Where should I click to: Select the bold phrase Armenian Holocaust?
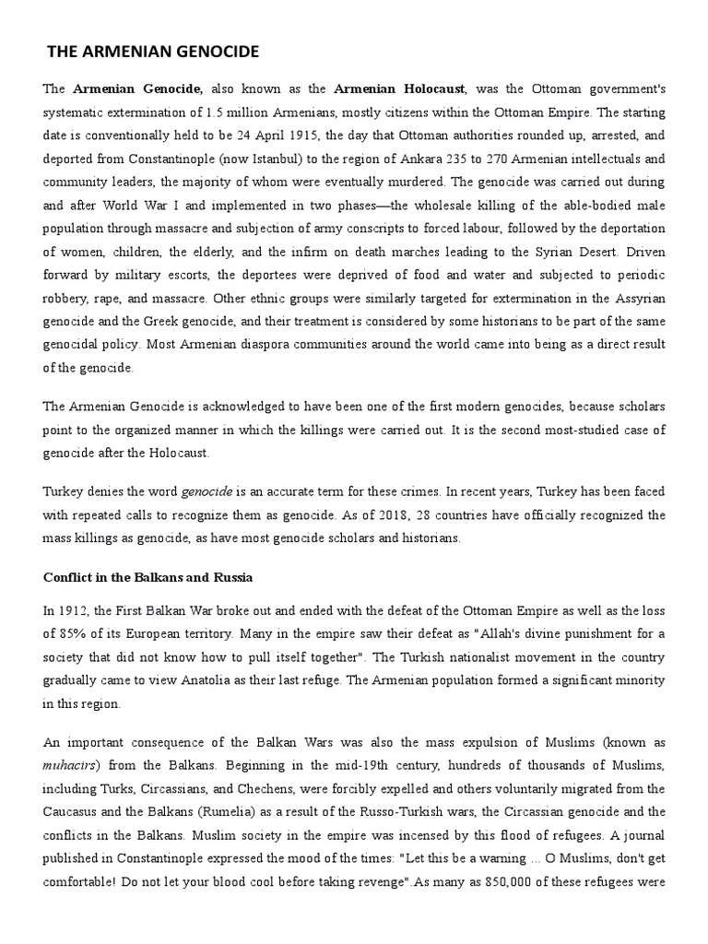[400, 89]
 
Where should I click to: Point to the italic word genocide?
[206, 491]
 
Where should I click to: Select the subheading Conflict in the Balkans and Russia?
[148, 577]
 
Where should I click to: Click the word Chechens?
[248, 790]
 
